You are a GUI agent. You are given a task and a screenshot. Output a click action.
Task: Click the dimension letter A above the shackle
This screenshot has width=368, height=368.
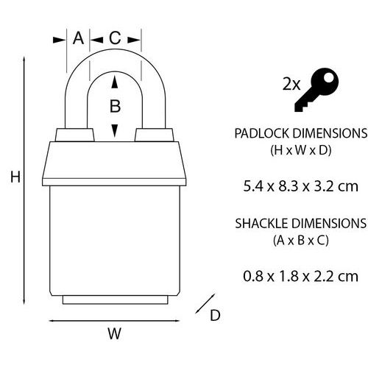78,38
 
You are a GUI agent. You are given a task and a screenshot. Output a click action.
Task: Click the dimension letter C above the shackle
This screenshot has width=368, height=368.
115,38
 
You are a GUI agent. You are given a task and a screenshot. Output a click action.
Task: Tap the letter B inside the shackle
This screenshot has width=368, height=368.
115,106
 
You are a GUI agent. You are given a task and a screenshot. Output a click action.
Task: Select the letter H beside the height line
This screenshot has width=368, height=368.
15,177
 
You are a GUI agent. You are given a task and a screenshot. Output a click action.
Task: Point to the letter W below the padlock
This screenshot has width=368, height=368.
115,333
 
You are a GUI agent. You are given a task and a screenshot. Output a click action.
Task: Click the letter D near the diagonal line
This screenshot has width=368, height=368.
215,315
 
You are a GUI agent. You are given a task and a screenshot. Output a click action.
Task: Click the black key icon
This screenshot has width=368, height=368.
316,90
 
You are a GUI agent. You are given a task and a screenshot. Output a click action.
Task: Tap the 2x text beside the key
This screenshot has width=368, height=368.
291,85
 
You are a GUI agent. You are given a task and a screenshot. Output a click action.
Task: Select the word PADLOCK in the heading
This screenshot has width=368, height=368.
262,133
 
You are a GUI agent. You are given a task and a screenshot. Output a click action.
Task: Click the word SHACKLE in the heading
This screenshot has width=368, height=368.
262,224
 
